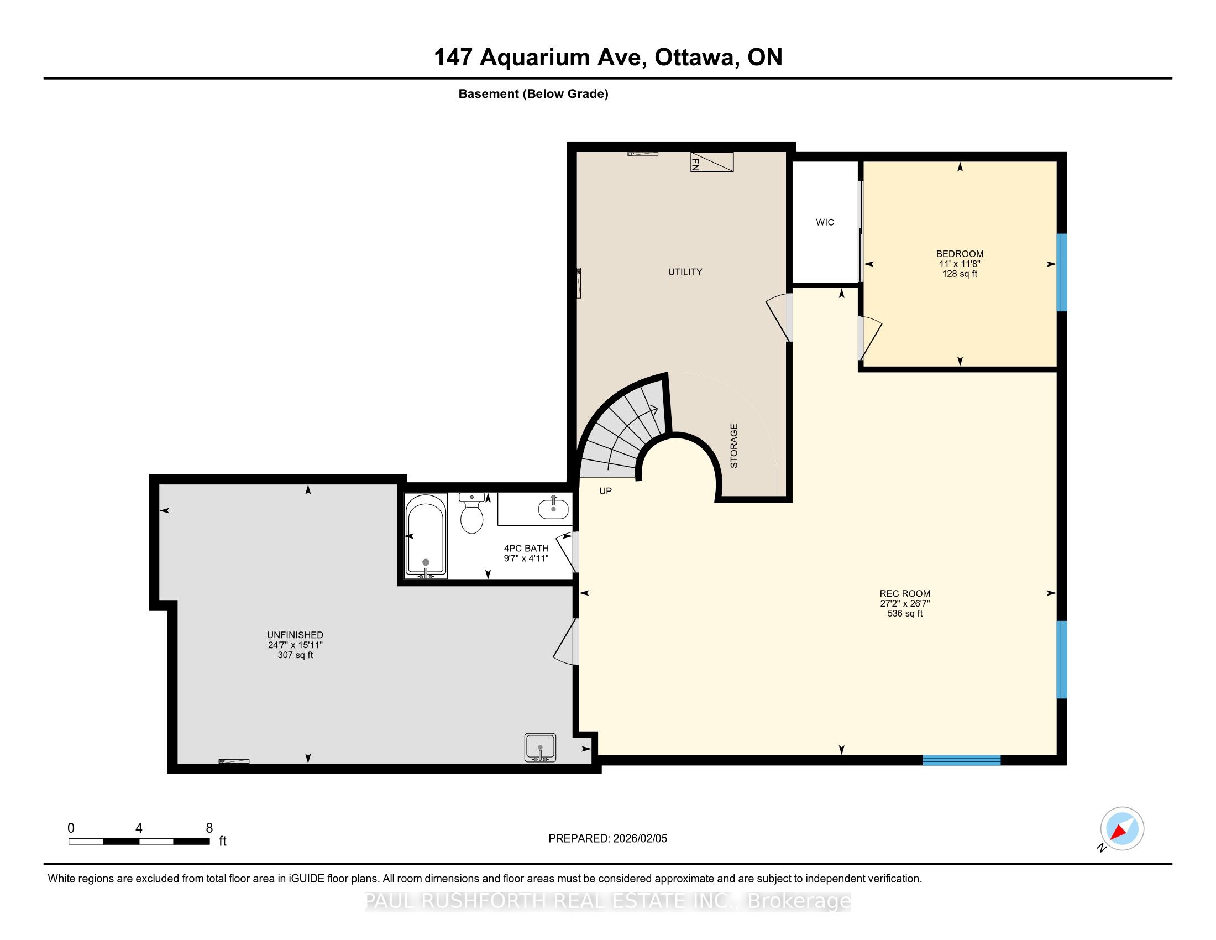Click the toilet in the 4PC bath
point(471,513)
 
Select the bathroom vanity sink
point(553,507)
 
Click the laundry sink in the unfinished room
point(540,748)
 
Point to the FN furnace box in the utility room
point(711,161)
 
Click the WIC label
point(825,222)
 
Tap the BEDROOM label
point(960,254)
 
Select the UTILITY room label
point(685,271)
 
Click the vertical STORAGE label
point(734,446)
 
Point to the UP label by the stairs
point(605,490)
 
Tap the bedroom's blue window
point(1062,271)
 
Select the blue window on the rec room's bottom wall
point(962,760)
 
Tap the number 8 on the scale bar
point(209,828)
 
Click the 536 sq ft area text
point(905,613)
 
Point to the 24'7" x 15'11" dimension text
point(295,645)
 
